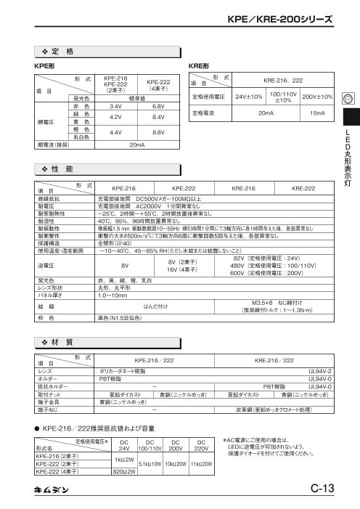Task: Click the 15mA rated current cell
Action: tap(316, 114)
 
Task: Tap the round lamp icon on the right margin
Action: tap(349, 99)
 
